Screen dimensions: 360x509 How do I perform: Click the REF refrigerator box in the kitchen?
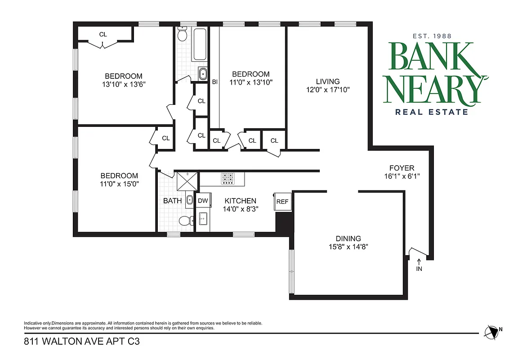[282, 202]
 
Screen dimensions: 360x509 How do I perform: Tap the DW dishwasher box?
[203, 201]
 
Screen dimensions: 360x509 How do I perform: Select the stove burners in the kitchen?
[228, 179]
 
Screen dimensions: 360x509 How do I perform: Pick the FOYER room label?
[402, 168]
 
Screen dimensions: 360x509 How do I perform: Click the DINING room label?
[348, 238]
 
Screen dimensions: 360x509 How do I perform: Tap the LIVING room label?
[327, 81]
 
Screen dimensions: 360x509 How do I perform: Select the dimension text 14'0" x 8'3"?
[241, 209]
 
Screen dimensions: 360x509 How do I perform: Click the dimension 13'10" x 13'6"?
[124, 84]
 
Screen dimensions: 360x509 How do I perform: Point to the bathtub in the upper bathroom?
[199, 44]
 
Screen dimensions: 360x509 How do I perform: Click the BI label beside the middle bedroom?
[215, 82]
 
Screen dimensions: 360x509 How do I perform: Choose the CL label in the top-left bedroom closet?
[103, 34]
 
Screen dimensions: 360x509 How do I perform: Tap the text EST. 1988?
[432, 36]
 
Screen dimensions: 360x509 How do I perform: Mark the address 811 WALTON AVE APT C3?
[81, 342]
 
